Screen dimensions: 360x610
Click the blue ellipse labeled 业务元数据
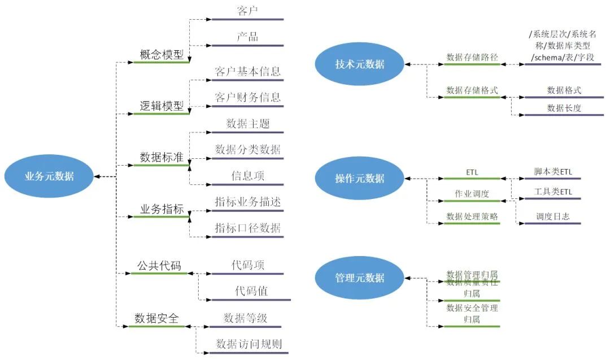(49, 176)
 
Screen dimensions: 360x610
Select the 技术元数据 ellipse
(359, 64)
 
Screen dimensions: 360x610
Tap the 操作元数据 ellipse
(359, 178)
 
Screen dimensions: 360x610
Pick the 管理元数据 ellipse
(359, 277)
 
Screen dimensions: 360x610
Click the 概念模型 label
(162, 55)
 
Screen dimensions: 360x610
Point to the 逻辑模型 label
(162, 106)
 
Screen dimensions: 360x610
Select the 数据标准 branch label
(162, 158)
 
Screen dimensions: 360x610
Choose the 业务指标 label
(162, 209)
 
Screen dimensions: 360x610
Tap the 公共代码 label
(159, 265)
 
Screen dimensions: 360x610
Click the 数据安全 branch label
(156, 318)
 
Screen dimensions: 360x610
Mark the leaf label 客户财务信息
(247, 97)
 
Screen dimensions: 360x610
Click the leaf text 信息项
(247, 176)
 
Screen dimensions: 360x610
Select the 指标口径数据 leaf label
(247, 228)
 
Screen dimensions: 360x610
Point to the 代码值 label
(251, 291)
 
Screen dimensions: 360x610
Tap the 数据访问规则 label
(249, 344)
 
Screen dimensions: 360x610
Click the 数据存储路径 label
(472, 57)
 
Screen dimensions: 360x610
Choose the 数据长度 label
(564, 108)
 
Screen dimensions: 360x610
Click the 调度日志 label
(552, 216)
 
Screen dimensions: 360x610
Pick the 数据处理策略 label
(472, 216)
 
